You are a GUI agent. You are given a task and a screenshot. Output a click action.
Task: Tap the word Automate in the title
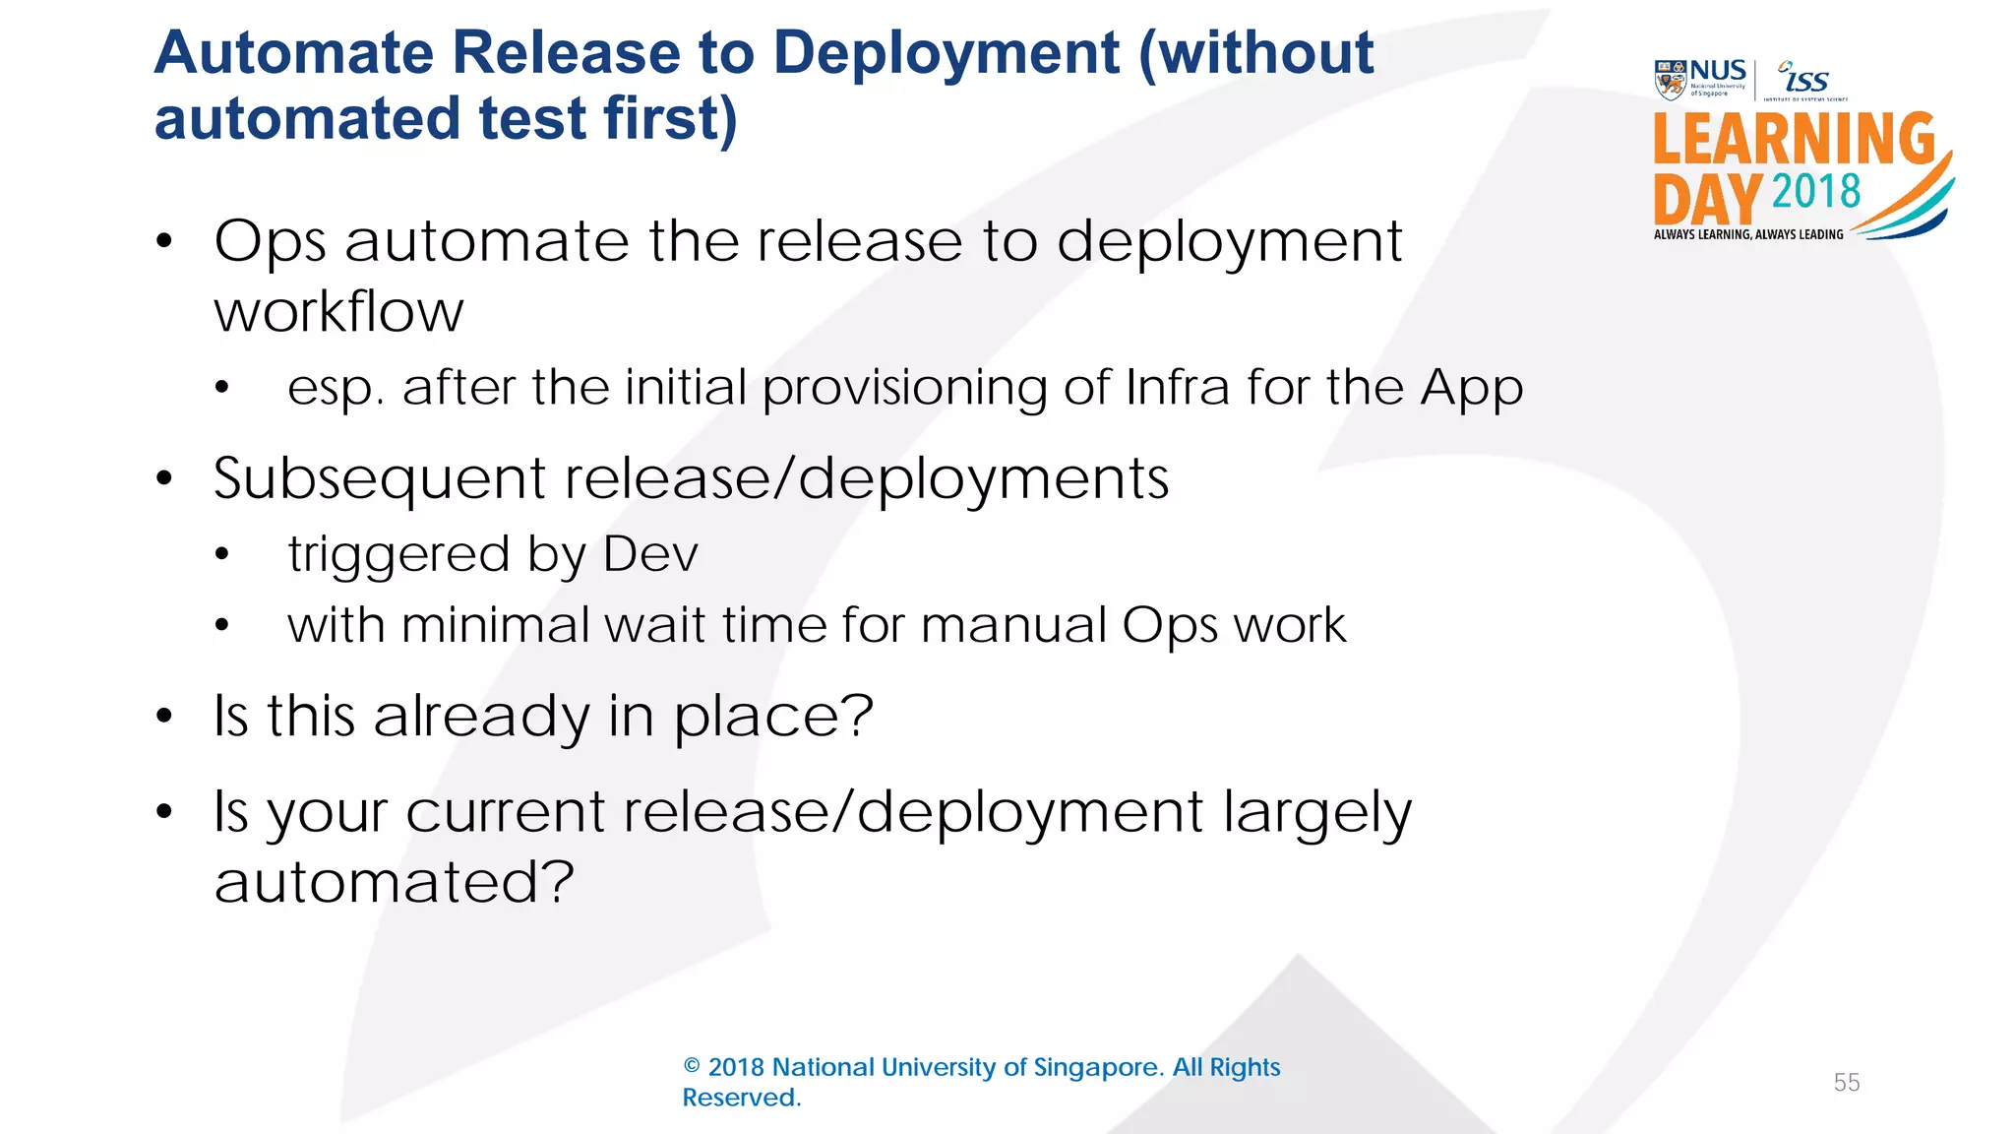coord(293,53)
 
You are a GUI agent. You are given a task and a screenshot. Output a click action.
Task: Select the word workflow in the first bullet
coord(338,312)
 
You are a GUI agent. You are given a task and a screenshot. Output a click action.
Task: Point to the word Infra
coord(1177,387)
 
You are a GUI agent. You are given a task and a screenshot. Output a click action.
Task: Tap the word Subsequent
coord(380,479)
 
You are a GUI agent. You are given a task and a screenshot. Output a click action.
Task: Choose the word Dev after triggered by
coord(650,554)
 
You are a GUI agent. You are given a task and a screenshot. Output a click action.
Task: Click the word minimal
coord(495,625)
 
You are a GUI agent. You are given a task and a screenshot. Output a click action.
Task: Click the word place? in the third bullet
coord(773,717)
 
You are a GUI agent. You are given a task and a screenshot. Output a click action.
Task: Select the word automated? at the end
coord(394,882)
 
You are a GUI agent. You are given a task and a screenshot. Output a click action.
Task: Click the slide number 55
coord(1847,1083)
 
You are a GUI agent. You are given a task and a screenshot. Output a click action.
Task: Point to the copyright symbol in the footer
coord(692,1067)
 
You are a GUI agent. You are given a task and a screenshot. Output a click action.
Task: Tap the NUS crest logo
coord(1671,80)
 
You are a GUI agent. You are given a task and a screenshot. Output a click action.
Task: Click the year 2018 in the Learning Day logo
coord(1816,191)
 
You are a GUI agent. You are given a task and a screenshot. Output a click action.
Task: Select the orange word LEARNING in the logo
coord(1794,139)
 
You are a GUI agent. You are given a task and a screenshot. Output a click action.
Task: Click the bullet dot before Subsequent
coord(164,479)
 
